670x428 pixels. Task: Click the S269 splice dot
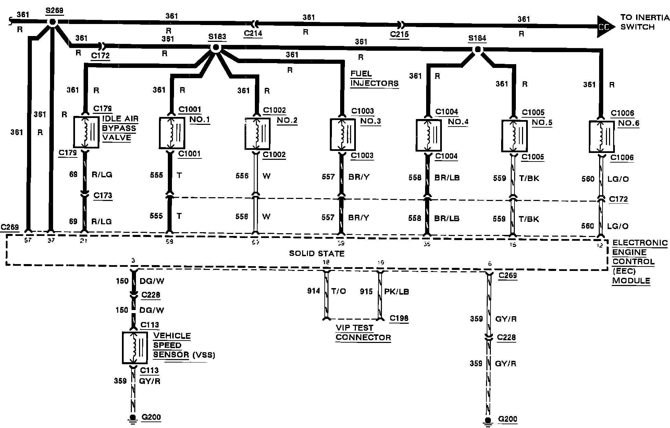click(x=52, y=22)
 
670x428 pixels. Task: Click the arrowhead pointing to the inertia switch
click(x=605, y=26)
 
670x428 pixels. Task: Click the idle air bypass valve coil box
click(x=86, y=132)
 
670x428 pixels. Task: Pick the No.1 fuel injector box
click(x=172, y=133)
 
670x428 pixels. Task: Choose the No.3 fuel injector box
click(x=343, y=134)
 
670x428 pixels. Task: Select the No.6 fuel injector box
click(x=601, y=136)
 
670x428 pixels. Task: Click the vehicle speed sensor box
click(x=135, y=347)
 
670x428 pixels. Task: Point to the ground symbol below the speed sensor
click(x=133, y=419)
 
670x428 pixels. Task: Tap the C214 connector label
click(x=253, y=34)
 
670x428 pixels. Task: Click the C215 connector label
click(x=399, y=35)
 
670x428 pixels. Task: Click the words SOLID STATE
click(x=317, y=253)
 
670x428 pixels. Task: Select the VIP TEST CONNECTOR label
click(x=363, y=333)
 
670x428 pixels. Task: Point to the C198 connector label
click(x=399, y=318)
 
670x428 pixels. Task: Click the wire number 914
click(x=313, y=291)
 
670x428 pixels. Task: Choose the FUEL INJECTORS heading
click(x=374, y=79)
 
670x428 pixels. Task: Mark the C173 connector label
click(x=103, y=195)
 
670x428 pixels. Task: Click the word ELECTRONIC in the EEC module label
click(x=640, y=243)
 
